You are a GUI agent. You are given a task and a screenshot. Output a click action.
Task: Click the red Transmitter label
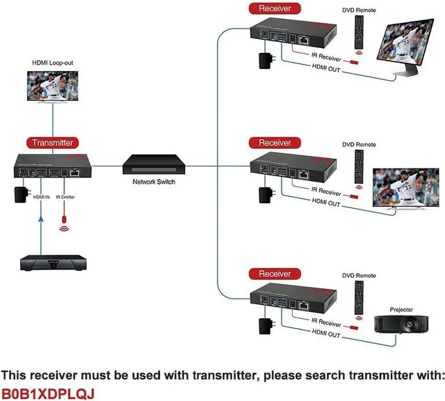(x=53, y=143)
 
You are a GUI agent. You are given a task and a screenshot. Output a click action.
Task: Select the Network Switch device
(x=154, y=164)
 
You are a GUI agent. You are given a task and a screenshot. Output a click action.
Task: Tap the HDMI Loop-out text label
(x=53, y=63)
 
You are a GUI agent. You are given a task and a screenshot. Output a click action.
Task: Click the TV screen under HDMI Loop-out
(x=53, y=86)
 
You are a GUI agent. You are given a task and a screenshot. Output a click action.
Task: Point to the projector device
(x=401, y=324)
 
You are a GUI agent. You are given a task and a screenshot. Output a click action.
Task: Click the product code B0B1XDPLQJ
(x=48, y=394)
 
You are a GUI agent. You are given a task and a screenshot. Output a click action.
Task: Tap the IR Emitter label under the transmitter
(x=65, y=197)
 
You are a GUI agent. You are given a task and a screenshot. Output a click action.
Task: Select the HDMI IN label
(x=42, y=197)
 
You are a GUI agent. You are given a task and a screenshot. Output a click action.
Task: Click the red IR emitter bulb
(x=64, y=219)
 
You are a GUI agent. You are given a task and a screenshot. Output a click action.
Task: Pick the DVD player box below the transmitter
(x=54, y=263)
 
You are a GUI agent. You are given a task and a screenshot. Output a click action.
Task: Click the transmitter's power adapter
(x=22, y=194)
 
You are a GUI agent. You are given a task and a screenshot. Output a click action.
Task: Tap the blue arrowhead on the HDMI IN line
(x=41, y=219)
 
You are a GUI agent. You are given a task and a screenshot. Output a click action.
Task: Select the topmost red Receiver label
(x=275, y=8)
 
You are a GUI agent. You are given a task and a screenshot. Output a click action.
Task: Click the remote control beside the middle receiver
(x=359, y=167)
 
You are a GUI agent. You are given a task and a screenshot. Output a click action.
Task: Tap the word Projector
(x=401, y=310)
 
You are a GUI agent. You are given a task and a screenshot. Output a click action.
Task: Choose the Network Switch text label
(x=154, y=182)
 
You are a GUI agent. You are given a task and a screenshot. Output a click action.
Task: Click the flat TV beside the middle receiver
(x=406, y=189)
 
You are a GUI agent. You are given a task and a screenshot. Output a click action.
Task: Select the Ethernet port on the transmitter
(x=75, y=172)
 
